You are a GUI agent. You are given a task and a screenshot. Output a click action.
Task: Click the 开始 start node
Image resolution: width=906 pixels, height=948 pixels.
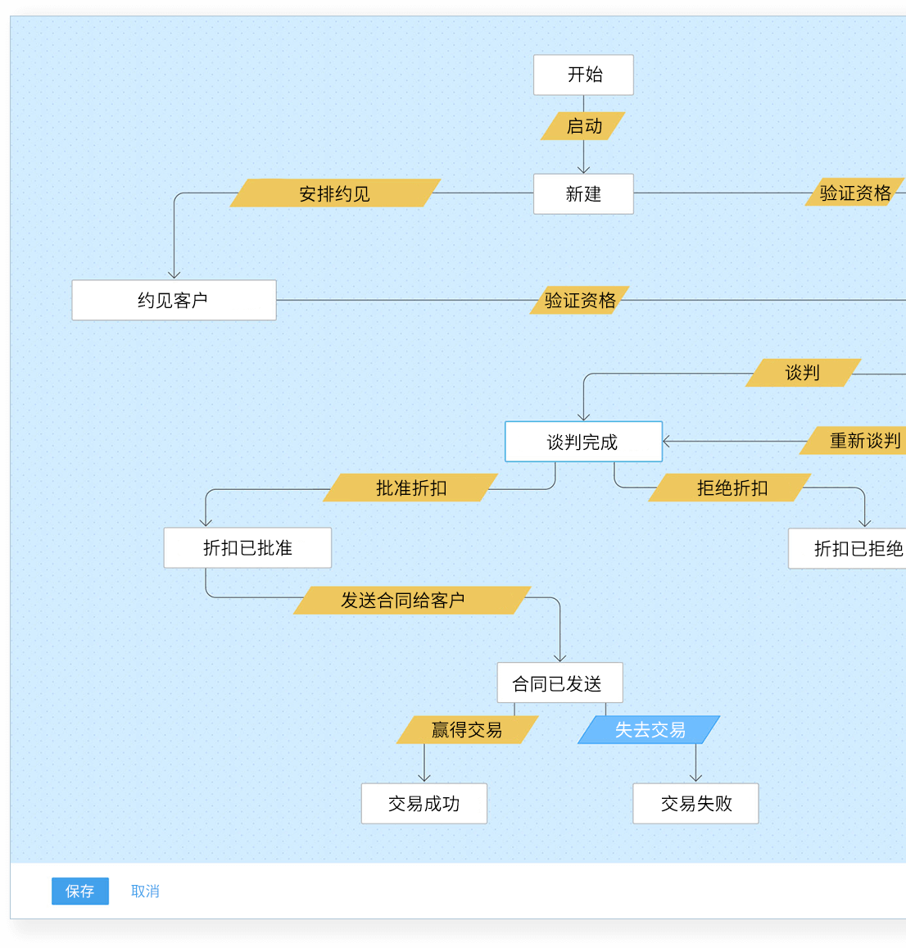(583, 75)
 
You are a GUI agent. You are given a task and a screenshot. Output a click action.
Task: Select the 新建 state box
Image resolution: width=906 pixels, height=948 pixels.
(583, 194)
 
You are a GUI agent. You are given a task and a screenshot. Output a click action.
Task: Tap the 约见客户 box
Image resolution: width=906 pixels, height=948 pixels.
(174, 301)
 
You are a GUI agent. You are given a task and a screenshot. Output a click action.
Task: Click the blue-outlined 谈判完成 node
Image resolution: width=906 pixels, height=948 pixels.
(583, 442)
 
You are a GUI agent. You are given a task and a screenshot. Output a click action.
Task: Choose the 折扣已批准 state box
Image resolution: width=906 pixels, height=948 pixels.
(247, 548)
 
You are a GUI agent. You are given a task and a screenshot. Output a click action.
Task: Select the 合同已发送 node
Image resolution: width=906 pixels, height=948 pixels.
(559, 683)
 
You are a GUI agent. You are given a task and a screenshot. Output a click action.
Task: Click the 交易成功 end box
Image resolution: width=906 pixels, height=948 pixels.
(424, 804)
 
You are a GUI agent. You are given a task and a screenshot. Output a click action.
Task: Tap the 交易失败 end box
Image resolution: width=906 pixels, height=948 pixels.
(695, 804)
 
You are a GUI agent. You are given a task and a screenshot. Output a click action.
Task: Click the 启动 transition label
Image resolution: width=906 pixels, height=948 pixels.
(583, 126)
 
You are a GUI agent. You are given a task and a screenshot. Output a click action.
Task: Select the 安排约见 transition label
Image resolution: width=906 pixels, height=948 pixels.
(335, 193)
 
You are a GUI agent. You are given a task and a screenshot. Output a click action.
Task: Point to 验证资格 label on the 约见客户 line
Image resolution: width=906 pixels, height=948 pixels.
(580, 301)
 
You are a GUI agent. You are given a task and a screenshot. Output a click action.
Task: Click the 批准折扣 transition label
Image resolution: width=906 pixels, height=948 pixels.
(411, 488)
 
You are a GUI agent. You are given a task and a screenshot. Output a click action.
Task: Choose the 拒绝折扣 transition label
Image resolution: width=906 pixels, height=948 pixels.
(731, 488)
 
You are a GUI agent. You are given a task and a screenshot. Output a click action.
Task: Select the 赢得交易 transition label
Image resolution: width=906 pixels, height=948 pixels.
(467, 730)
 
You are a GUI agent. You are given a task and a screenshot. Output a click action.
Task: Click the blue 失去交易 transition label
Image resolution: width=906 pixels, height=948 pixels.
(649, 730)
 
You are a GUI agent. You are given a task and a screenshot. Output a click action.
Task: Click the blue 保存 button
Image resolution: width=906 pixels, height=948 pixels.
(80, 891)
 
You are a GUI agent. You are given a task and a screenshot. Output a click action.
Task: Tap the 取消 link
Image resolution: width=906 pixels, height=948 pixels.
(145, 891)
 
